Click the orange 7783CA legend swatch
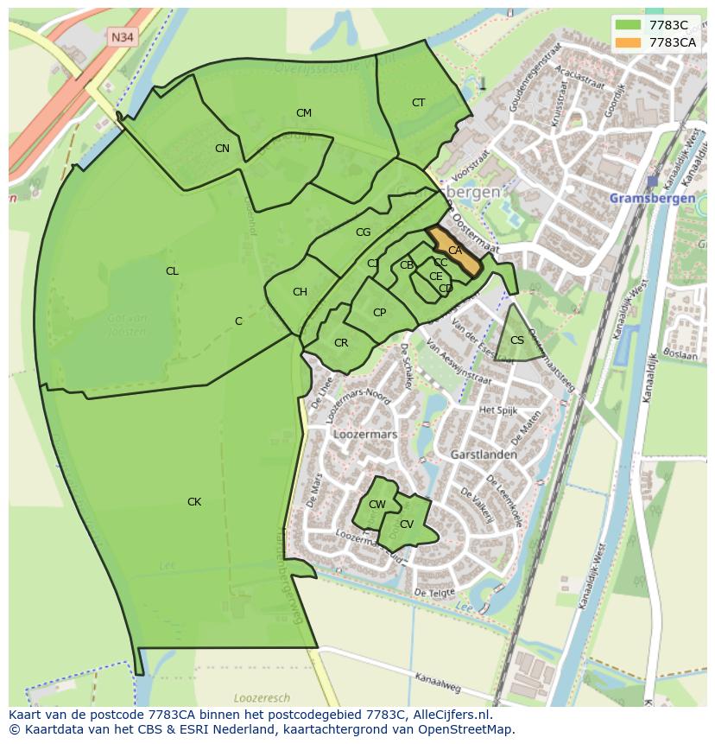[628, 42]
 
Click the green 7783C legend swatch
[628, 25]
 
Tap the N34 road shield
[122, 37]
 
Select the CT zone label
[418, 103]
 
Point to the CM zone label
[303, 113]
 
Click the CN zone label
[222, 149]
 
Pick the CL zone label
[172, 271]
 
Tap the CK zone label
[194, 502]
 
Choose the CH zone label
[300, 292]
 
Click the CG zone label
[363, 232]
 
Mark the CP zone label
[379, 313]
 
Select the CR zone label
[341, 343]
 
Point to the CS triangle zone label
[517, 340]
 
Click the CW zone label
[377, 505]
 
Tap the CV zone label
[407, 525]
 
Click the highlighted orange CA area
[455, 251]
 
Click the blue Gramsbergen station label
[652, 198]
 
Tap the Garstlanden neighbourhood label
[484, 454]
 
